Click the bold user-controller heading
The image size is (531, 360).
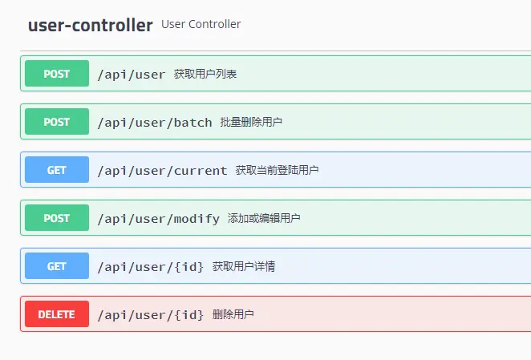point(90,25)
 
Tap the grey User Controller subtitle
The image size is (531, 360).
point(201,24)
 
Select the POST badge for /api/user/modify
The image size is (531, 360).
point(56,218)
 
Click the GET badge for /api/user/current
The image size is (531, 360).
point(56,170)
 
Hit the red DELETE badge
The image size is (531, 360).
point(56,314)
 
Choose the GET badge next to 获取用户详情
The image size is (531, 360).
point(56,266)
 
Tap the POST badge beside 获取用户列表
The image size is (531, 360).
point(56,74)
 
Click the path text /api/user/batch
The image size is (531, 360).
point(155,123)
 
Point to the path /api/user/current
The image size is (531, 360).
point(162,171)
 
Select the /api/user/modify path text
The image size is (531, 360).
point(158,219)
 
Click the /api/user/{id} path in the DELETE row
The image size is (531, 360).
point(151,315)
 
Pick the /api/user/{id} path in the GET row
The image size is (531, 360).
point(151,267)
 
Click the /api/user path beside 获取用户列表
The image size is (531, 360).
point(132,75)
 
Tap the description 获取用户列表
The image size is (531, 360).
point(205,75)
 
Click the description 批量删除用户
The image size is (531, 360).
point(251,123)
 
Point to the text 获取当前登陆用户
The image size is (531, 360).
point(278,171)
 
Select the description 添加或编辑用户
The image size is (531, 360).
point(264,219)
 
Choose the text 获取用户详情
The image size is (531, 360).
point(244,267)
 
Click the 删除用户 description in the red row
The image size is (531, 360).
point(233,315)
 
